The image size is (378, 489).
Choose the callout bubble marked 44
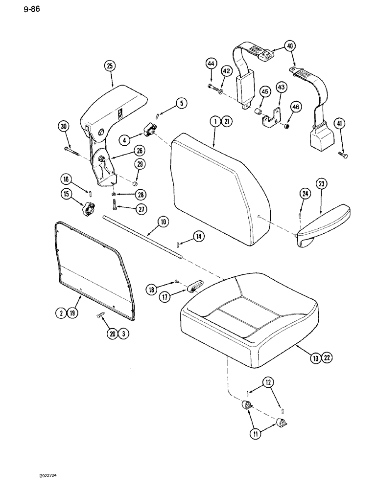click(211, 64)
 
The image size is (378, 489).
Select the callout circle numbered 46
click(295, 106)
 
